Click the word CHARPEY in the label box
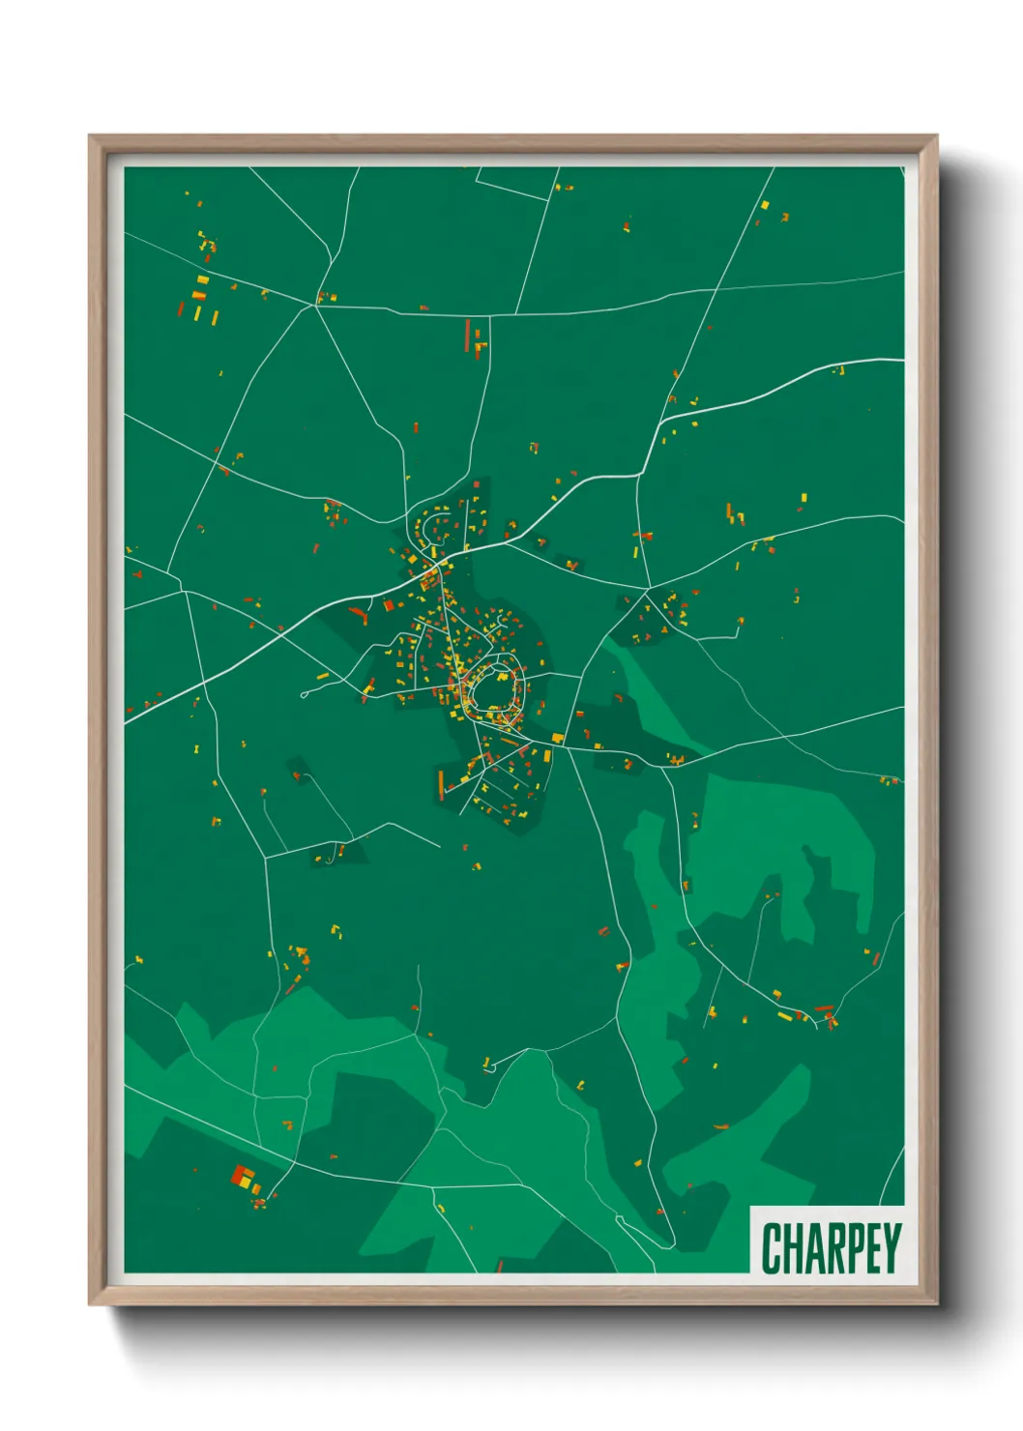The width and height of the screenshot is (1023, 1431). [x=831, y=1248]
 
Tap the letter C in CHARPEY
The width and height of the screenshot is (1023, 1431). [x=772, y=1248]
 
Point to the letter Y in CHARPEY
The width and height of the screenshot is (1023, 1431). [x=891, y=1248]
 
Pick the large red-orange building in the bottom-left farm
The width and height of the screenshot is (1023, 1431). [x=241, y=1176]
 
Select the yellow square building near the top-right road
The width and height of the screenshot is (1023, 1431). [x=764, y=205]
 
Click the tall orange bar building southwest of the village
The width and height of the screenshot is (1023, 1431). [x=441, y=783]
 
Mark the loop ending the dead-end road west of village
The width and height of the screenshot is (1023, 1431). [x=306, y=693]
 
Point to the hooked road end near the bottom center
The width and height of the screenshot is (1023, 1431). [x=487, y=1066]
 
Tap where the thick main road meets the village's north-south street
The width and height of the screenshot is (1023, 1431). [x=440, y=561]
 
